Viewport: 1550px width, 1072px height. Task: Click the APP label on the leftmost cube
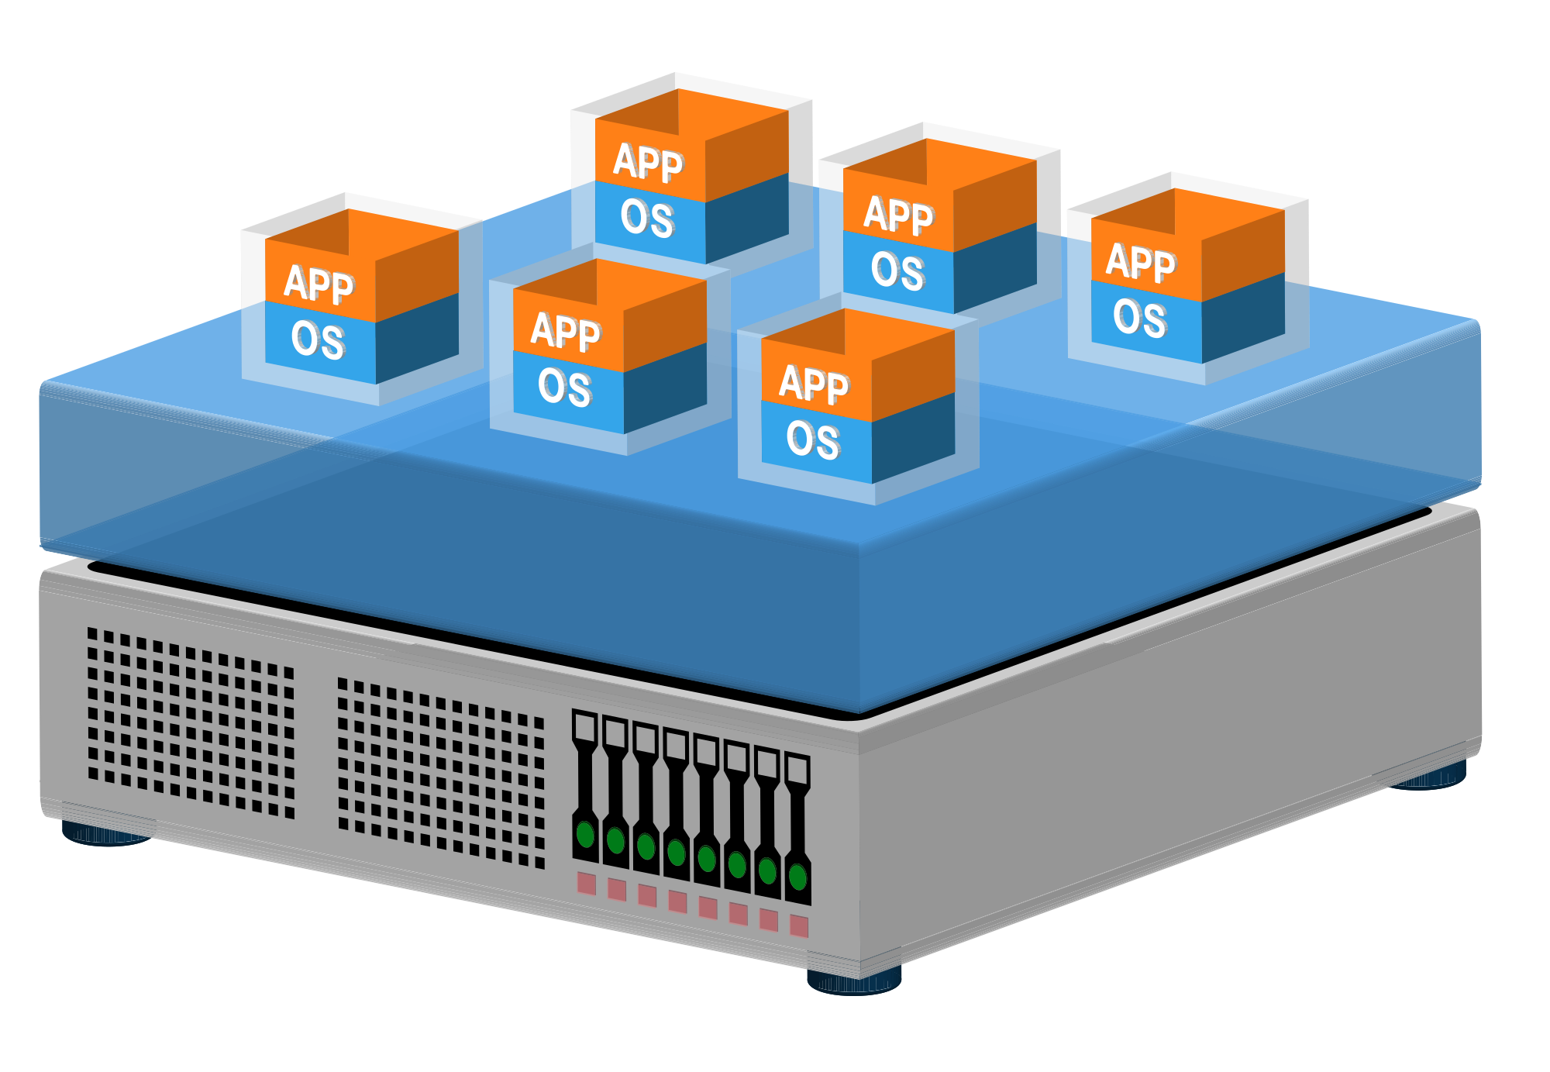[x=319, y=284]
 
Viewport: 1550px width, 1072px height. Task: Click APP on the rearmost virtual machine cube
[x=648, y=162]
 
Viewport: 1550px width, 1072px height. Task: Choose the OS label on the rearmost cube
[x=647, y=218]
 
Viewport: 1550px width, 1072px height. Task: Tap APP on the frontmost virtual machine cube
[x=814, y=383]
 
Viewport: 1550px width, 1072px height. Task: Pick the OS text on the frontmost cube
[x=813, y=439]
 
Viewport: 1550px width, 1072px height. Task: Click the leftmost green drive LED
[x=586, y=835]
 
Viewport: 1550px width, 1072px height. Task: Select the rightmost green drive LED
[x=797, y=877]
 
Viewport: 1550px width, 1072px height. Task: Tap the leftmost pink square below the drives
[x=587, y=883]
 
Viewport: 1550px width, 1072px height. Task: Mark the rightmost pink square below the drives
[x=799, y=926]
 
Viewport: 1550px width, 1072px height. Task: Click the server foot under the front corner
[x=854, y=980]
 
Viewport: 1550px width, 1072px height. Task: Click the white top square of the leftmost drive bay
[x=584, y=726]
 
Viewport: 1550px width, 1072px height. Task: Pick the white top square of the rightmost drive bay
[x=797, y=769]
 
